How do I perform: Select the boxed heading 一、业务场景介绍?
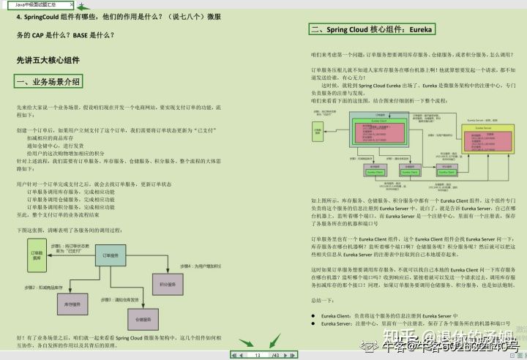pyautogui.click(x=48, y=81)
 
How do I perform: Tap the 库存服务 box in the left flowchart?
pyautogui.click(x=72, y=302)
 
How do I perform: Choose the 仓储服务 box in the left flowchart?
pyautogui.click(x=138, y=319)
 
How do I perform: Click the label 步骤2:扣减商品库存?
pyautogui.click(x=35, y=285)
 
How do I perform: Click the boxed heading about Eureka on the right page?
pyautogui.click(x=372, y=30)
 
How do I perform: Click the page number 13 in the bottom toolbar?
pyautogui.click(x=258, y=355)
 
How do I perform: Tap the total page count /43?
pyautogui.click(x=275, y=355)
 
